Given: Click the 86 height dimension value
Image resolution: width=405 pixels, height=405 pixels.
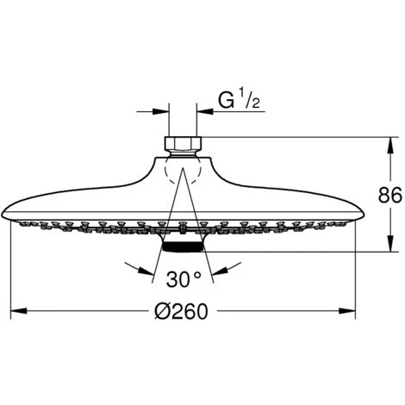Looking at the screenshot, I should tap(390, 195).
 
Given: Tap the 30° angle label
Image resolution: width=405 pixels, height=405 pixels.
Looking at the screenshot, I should tap(184, 280).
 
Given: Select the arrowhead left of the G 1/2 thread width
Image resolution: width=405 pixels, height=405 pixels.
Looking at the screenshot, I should tap(164, 110).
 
